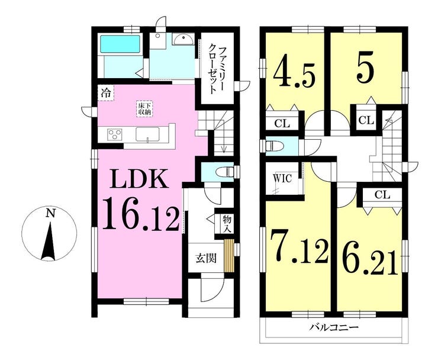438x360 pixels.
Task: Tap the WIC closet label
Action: [x=282, y=178]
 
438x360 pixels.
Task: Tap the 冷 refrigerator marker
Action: [x=105, y=93]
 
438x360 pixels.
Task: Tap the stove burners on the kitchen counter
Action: [x=115, y=135]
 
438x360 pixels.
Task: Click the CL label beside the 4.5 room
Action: [x=281, y=124]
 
